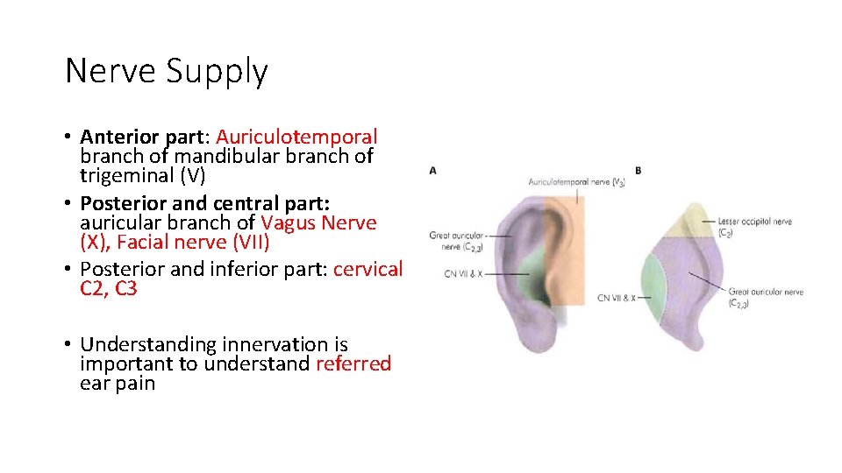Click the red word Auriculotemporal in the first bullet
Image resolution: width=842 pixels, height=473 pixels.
(296, 138)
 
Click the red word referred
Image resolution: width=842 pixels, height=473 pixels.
(353, 364)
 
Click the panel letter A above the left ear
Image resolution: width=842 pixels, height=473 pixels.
(433, 171)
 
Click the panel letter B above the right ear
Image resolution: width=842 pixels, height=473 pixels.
(638, 170)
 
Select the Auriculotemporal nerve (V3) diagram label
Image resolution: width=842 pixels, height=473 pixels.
(576, 182)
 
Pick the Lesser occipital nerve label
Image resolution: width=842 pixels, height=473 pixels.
(754, 222)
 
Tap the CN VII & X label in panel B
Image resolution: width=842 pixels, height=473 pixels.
(617, 298)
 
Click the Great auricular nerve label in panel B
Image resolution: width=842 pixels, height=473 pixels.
(766, 293)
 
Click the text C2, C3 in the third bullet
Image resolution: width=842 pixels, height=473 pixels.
(109, 288)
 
